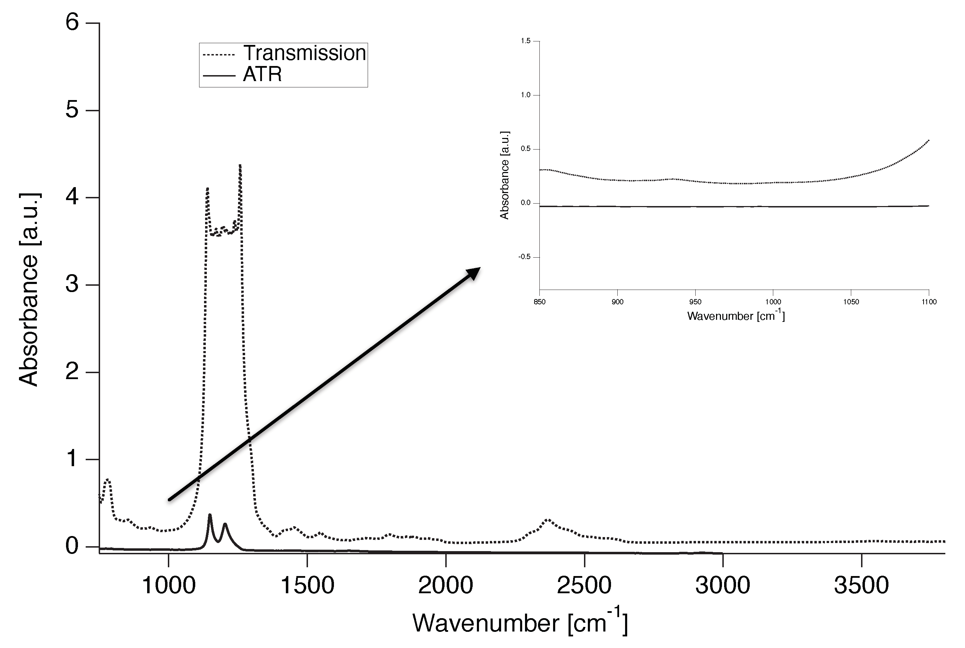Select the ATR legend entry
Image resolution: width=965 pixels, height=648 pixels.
tap(262, 75)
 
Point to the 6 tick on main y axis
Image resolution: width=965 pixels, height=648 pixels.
tap(72, 23)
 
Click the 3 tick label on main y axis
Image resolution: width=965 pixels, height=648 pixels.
tap(72, 285)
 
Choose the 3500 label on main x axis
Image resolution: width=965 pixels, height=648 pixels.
tap(861, 585)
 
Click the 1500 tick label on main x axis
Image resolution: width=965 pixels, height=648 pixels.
tap(307, 585)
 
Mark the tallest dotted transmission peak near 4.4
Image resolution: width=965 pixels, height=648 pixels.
tap(240, 165)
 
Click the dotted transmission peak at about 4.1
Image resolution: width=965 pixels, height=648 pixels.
tap(208, 189)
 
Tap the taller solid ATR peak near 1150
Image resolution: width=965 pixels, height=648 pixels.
tap(210, 515)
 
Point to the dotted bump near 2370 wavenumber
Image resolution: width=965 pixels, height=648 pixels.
tap(548, 520)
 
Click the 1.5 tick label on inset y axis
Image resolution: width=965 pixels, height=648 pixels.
tap(525, 41)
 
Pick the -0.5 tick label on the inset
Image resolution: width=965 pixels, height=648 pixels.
tap(524, 257)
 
